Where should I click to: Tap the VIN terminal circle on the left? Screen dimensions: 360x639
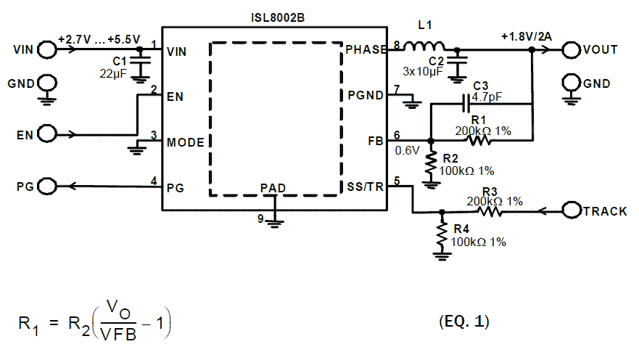pos(47,50)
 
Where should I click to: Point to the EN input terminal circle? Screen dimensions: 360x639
pos(47,134)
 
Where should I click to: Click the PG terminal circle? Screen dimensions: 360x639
pos(47,187)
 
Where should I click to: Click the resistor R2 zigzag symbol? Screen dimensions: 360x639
pos(431,164)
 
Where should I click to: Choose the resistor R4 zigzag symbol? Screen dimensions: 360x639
pos(442,234)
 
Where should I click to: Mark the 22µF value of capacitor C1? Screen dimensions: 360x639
pos(115,73)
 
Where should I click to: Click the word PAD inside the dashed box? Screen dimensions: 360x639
pos(273,188)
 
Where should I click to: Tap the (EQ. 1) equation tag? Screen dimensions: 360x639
pos(464,322)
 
